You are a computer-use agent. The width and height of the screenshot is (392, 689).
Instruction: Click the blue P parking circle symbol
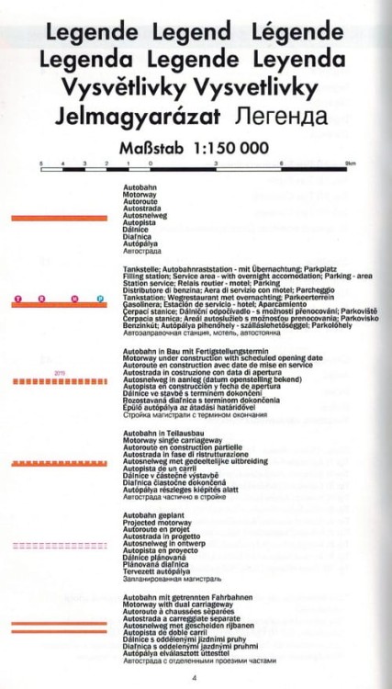click(99, 299)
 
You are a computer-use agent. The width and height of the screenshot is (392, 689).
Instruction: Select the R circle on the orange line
click(43, 299)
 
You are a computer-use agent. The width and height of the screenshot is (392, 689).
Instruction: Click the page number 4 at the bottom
click(195, 678)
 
